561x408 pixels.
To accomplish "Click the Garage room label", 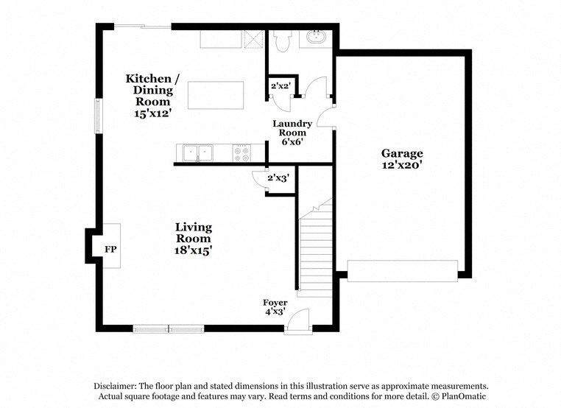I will coord(401,153).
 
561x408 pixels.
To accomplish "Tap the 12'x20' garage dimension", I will coord(401,166).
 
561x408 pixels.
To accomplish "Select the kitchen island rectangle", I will coord(215,95).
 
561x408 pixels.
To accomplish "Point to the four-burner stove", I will coord(241,153).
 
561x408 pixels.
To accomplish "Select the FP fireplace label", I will coord(110,250).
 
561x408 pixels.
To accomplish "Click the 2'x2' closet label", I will coord(280,86).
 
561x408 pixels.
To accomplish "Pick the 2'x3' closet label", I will coord(278,177).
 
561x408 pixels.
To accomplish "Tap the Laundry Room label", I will coord(292,128).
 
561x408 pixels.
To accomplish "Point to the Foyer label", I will coord(275,303).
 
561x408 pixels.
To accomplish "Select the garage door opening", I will coord(402,271).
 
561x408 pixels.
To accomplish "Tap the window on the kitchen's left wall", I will coord(97,116).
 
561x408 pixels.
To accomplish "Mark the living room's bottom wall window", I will coord(169,328).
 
